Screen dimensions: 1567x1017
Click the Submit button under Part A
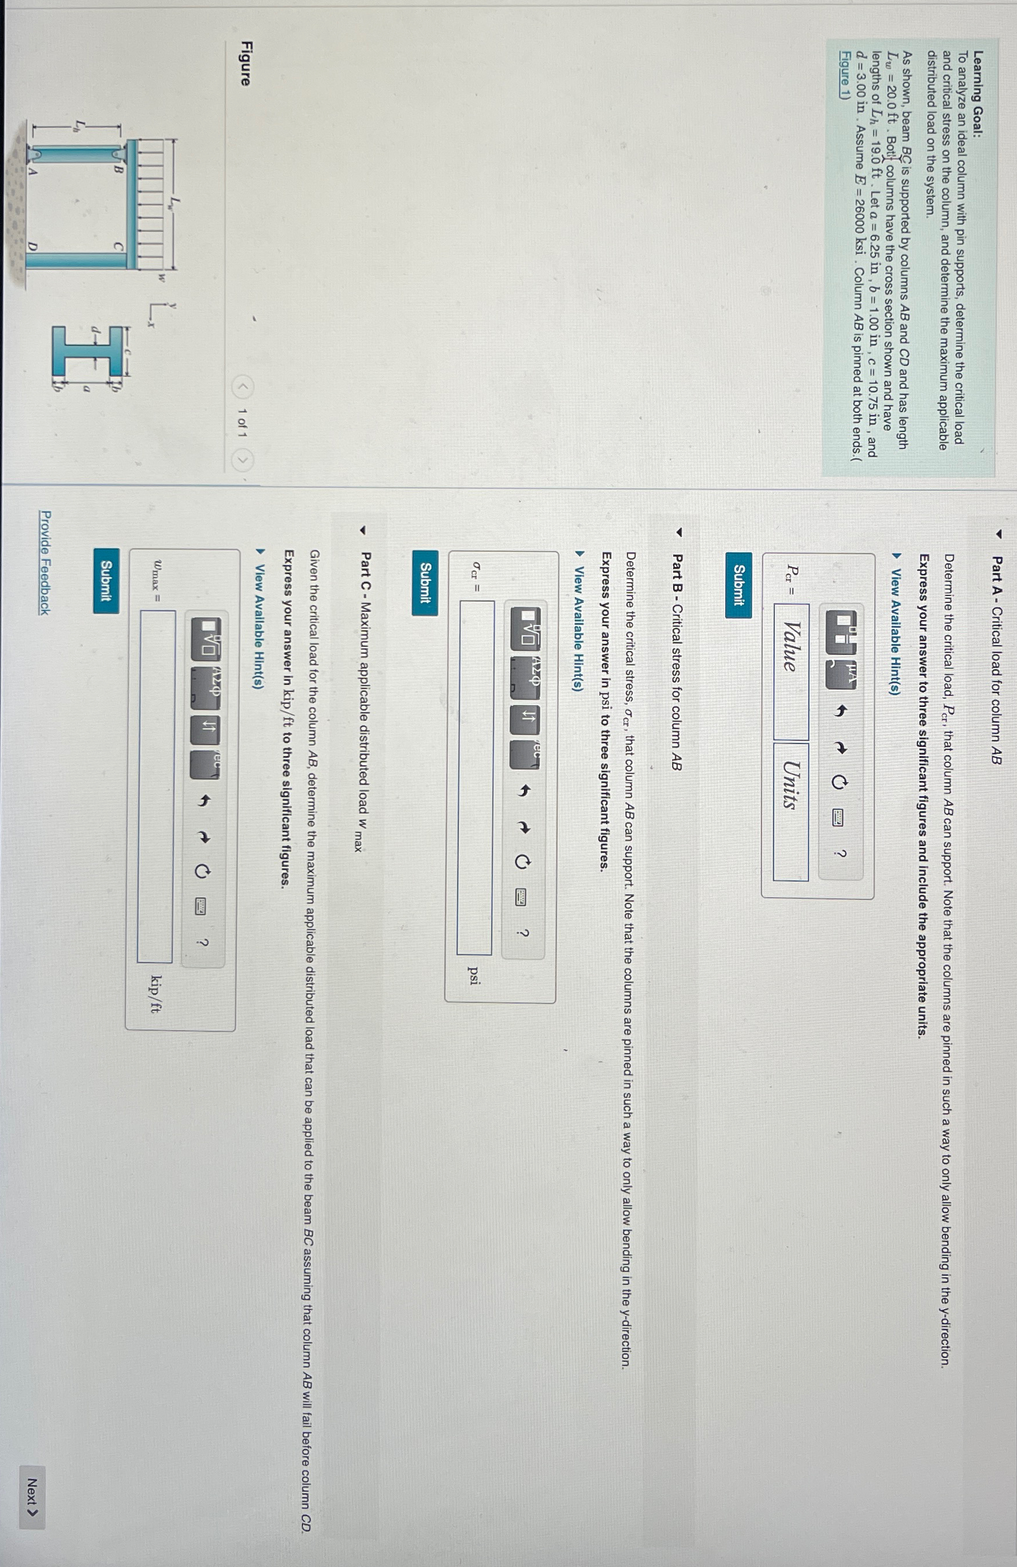point(738,595)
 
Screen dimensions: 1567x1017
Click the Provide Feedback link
point(44,562)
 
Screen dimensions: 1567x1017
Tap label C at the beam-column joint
point(117,246)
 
